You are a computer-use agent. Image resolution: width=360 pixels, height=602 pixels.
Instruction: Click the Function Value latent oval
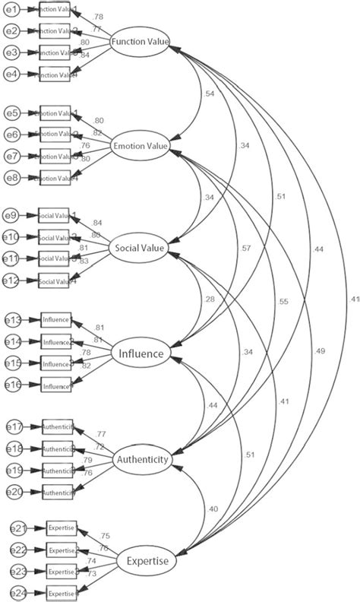coord(140,42)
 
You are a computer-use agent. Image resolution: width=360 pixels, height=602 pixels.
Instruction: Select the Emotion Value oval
coord(140,145)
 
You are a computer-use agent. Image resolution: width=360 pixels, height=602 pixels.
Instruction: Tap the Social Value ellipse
coord(140,249)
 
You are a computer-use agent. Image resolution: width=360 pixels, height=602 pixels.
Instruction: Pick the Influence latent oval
coord(140,353)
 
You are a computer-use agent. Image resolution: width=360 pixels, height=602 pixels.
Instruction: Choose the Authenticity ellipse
coord(142,460)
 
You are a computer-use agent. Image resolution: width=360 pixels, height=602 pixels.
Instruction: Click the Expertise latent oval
coord(146,562)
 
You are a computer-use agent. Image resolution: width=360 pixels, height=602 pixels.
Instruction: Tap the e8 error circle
coord(12,177)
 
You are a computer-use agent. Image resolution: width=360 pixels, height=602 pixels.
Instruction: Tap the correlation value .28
coord(209,299)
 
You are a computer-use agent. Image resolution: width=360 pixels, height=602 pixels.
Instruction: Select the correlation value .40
coord(211,509)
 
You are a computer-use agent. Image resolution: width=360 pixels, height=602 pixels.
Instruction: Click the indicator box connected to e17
coord(58,427)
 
